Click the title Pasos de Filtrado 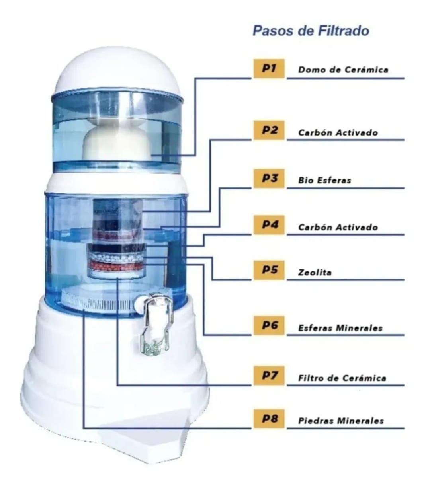point(311,31)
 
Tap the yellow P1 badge point(269,68)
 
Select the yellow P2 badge point(269,130)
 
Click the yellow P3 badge point(269,178)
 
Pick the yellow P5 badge point(269,270)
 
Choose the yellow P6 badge point(269,326)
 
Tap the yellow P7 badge point(269,376)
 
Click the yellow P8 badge point(269,419)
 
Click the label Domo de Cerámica point(343,70)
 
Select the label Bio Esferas point(324,180)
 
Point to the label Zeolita point(315,273)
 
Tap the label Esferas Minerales point(340,328)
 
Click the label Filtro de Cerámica point(342,378)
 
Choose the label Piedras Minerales point(341,421)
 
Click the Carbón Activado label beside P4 point(338,227)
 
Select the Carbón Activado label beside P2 point(338,132)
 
